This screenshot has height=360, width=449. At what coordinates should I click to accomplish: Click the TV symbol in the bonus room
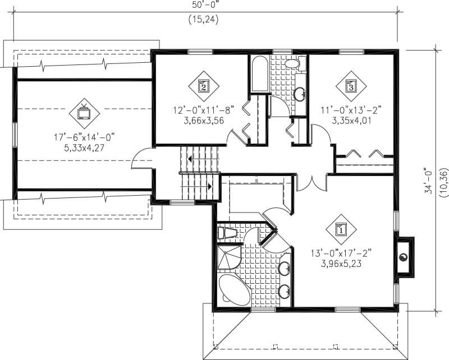(84, 112)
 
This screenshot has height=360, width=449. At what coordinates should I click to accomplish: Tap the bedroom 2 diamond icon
(203, 86)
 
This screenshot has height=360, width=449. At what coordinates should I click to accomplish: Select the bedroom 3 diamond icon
(351, 86)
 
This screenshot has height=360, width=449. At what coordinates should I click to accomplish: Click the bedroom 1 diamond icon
(341, 228)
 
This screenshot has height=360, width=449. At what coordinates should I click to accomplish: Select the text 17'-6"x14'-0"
(84, 137)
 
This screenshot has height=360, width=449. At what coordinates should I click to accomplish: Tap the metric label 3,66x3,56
(203, 119)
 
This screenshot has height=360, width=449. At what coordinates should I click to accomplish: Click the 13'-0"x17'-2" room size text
(341, 253)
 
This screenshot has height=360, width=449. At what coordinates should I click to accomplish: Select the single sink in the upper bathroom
(300, 92)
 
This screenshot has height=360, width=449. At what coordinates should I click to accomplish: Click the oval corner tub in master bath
(235, 290)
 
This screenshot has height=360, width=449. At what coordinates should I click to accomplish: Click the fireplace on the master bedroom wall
(404, 257)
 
